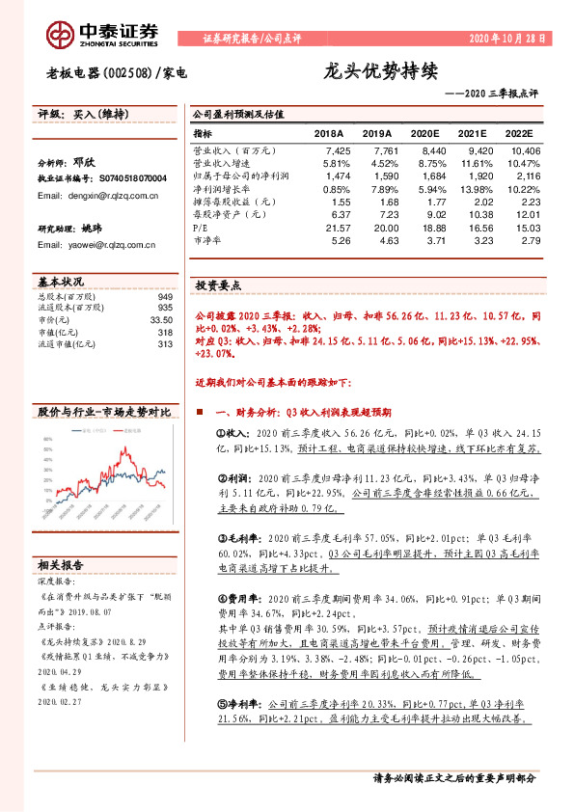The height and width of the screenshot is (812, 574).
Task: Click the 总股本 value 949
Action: tap(164, 297)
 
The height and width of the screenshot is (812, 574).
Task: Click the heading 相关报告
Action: tap(60, 563)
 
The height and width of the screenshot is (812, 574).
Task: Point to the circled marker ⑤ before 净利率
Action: tap(220, 706)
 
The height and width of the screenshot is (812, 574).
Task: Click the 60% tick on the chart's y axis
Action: tap(45, 441)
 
